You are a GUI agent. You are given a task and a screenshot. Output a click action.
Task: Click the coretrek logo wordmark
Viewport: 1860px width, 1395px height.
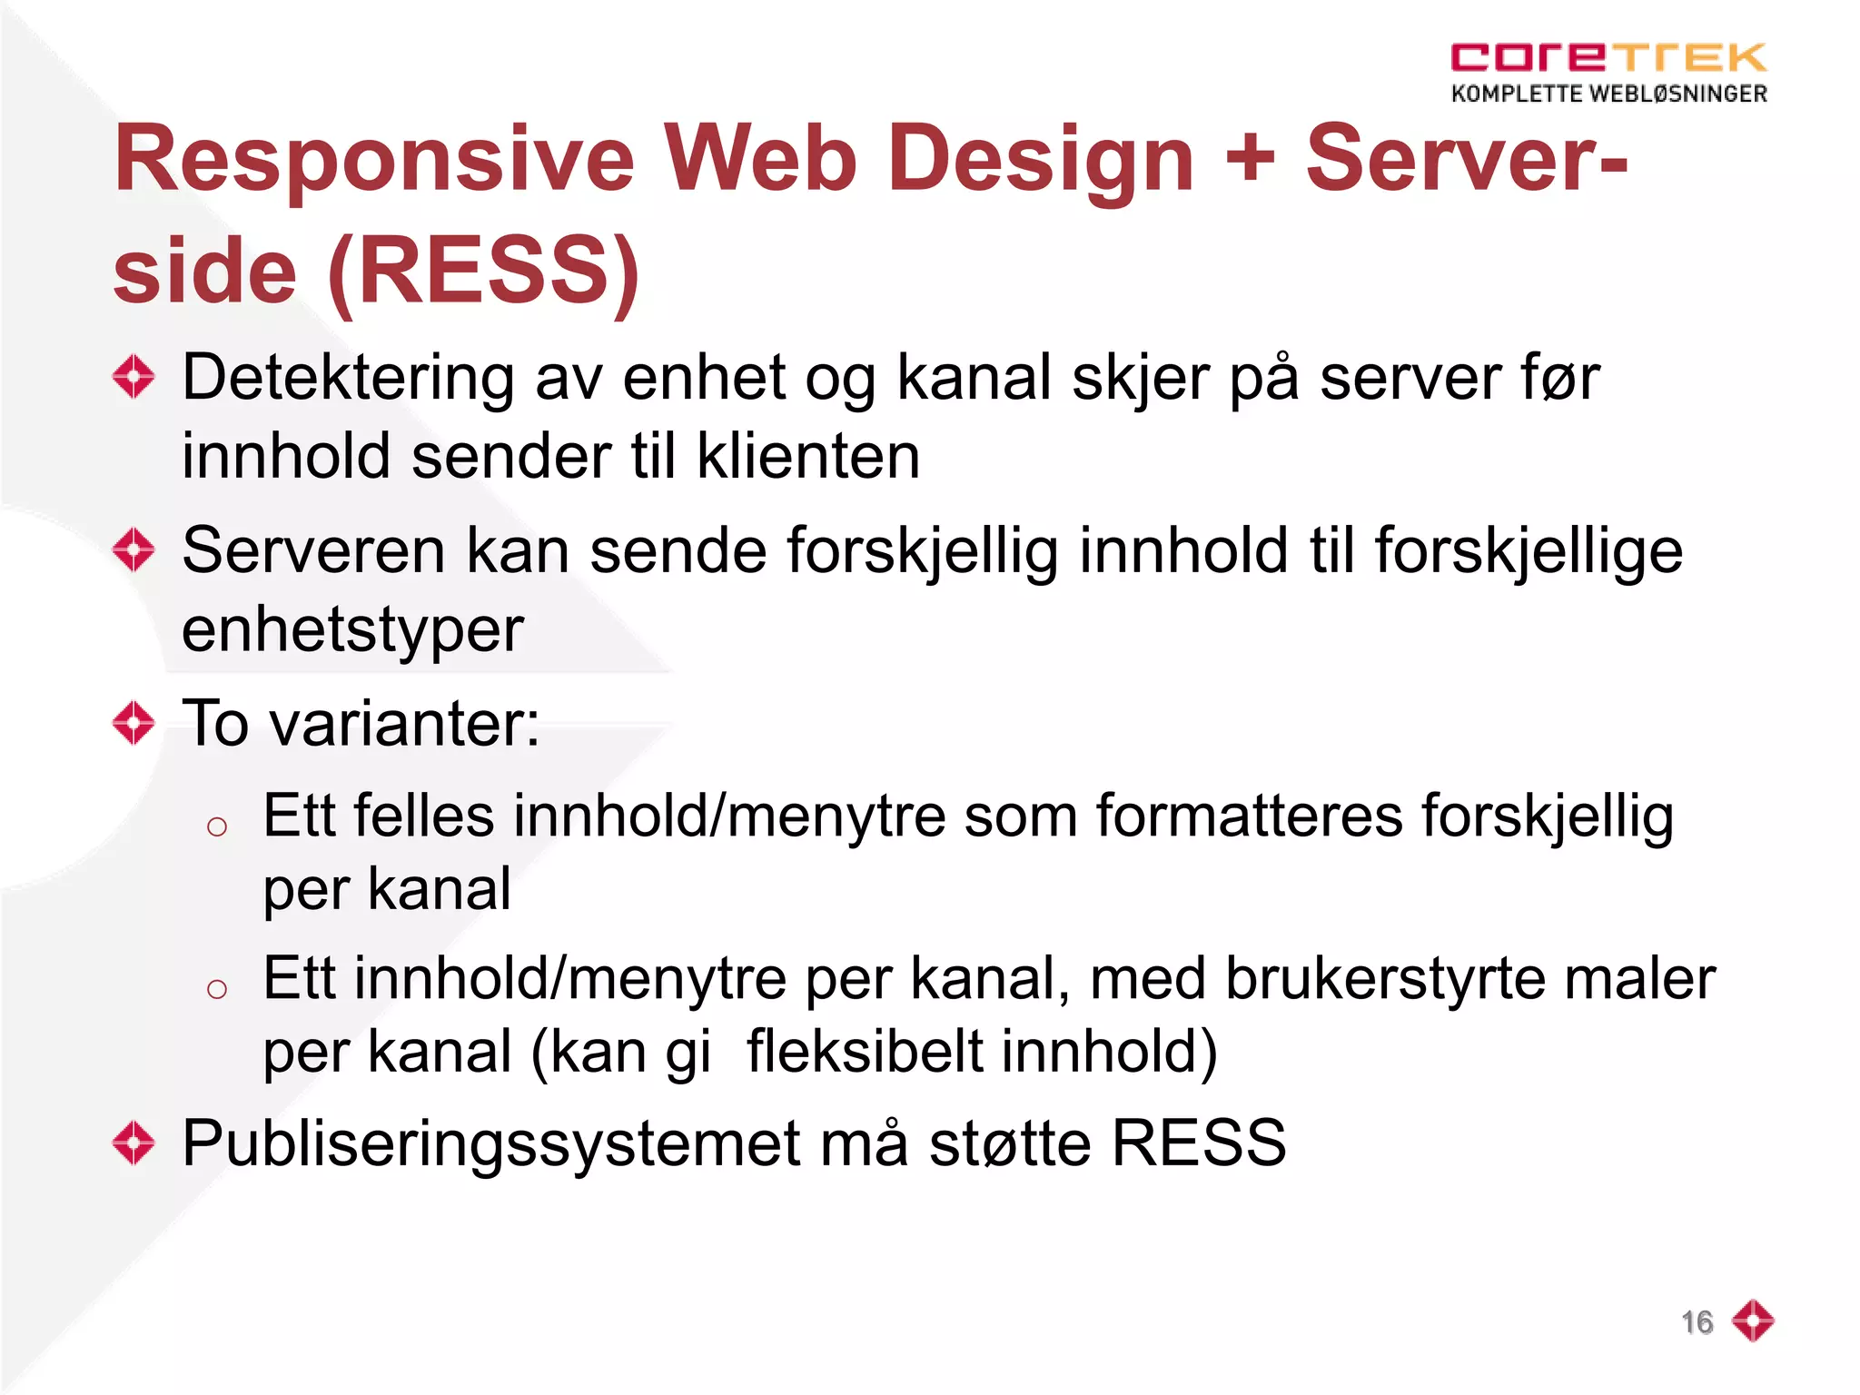click(x=1608, y=57)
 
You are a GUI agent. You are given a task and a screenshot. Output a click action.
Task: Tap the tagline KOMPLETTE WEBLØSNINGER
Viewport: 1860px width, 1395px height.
click(x=1608, y=94)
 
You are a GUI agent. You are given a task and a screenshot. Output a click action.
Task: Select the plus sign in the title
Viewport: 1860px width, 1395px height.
click(x=1250, y=160)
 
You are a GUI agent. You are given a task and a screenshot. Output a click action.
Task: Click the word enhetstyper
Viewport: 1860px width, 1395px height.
click(x=352, y=629)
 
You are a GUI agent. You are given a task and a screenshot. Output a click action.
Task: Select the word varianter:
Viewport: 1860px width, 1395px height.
click(x=405, y=724)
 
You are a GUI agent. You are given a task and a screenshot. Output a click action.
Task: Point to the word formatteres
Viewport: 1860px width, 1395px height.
click(x=1249, y=816)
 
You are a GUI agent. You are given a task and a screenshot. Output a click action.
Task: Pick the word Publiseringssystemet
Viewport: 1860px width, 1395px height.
click(x=491, y=1143)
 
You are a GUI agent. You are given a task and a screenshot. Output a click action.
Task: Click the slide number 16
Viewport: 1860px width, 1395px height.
click(x=1697, y=1322)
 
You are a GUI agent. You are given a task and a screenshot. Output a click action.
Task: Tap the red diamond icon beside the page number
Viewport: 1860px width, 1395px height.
click(x=1753, y=1321)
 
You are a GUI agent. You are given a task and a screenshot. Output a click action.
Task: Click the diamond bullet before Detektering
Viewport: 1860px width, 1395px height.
click(x=134, y=376)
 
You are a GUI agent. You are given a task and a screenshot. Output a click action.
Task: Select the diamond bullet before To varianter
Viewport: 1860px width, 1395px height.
click(x=134, y=723)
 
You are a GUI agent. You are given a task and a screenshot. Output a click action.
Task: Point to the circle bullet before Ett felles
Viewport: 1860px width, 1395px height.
click(x=216, y=826)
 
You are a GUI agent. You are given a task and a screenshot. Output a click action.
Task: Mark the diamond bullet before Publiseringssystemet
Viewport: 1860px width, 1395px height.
click(x=134, y=1143)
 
